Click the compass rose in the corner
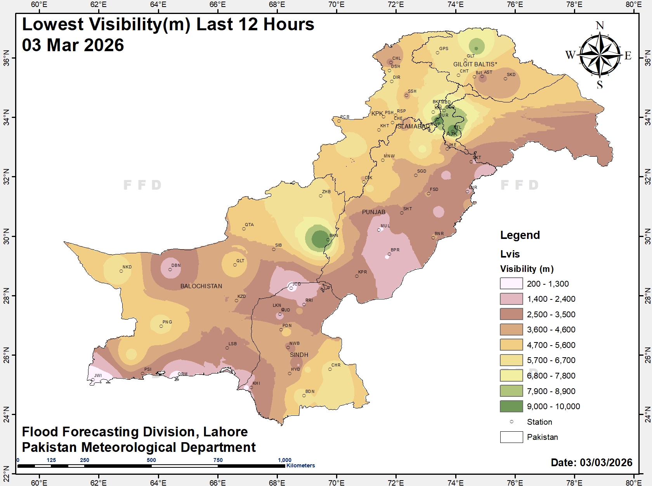600,55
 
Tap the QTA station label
249,225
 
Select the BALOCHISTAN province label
201,286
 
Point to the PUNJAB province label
374,212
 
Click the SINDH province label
299,355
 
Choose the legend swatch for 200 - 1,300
511,284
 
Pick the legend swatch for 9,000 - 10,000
511,406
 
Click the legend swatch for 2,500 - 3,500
511,314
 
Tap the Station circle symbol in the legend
512,422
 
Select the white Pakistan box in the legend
511,437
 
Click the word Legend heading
520,235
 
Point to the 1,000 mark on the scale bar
284,460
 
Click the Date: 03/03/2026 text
591,462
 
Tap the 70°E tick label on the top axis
336,5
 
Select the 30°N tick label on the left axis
7,236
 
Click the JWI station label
98,375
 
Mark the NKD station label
127,267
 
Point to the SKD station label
511,74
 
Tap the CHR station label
336,365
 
